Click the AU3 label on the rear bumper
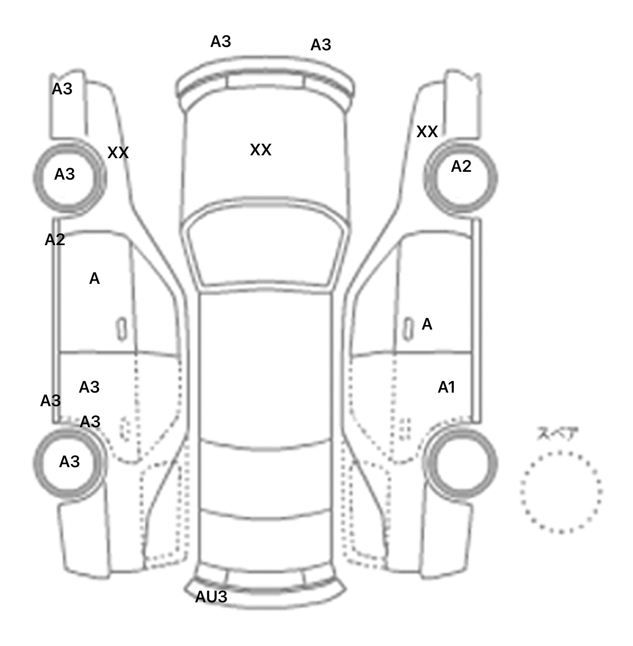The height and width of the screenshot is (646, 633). pos(211,597)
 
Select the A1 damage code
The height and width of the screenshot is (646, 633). pos(446,387)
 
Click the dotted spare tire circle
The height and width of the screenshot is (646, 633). pos(561,492)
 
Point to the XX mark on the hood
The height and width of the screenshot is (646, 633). pos(260,150)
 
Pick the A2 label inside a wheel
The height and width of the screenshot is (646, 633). pos(461,166)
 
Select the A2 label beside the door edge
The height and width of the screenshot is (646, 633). pos(55,239)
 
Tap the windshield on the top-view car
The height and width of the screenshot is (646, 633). pos(266,251)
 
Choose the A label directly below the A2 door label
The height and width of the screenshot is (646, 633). pos(94,279)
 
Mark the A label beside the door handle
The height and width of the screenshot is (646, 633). pos(427,325)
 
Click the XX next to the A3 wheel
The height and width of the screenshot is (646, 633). pos(118,153)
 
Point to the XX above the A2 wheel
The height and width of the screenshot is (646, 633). pos(427,132)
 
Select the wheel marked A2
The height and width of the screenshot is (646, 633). pos(461,178)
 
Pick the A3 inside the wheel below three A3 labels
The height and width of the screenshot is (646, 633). pos(69,462)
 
